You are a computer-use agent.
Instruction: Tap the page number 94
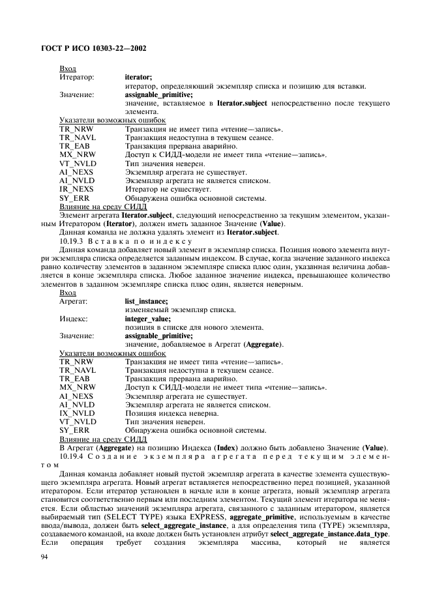tap(45, 556)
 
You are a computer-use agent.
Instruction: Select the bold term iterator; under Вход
tap(138, 77)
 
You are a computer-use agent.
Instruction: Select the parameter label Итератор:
tap(76, 77)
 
